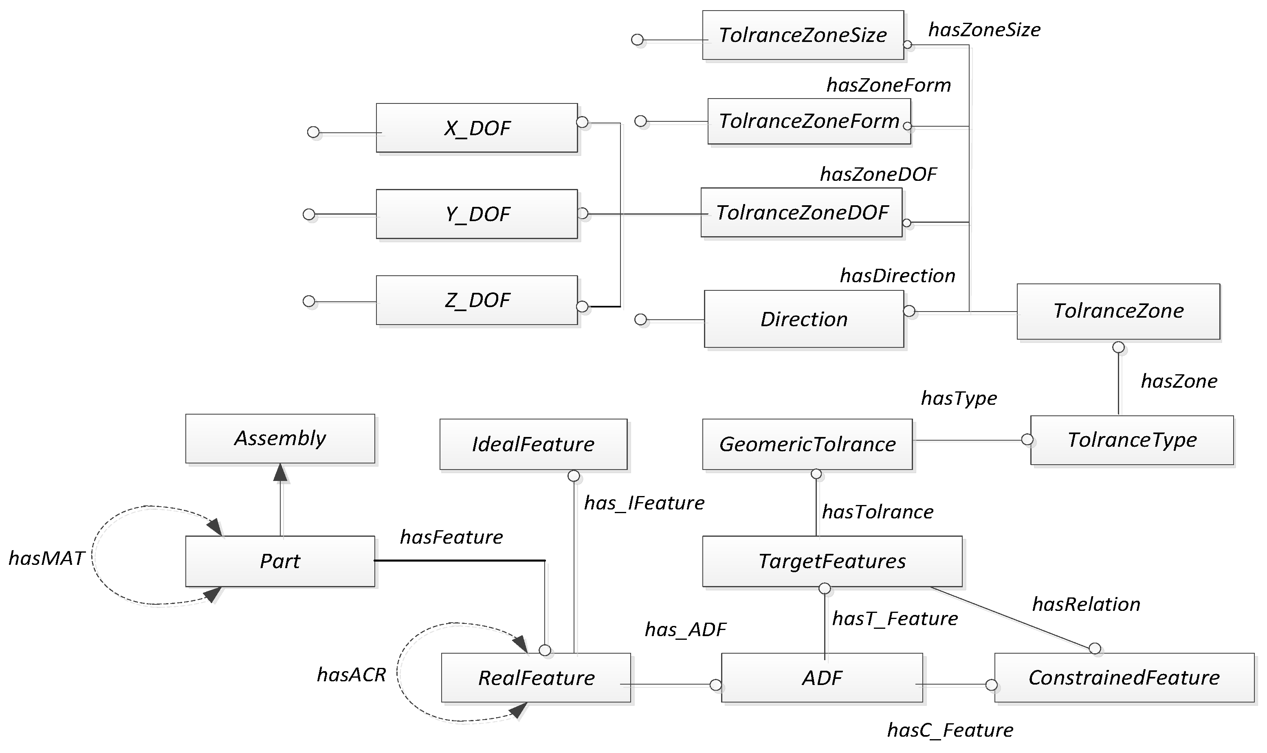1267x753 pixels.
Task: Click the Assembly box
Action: click(x=280, y=439)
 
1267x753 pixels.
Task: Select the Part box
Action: click(x=280, y=561)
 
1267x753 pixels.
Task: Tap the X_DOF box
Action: click(x=476, y=128)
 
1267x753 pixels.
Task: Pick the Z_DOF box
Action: click(x=476, y=300)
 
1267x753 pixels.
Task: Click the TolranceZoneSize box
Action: click(x=803, y=35)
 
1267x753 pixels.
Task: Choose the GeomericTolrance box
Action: click(x=807, y=444)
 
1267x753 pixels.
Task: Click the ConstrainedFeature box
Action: click(x=1124, y=677)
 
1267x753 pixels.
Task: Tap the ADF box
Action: click(x=822, y=677)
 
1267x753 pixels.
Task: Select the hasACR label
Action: click(x=351, y=674)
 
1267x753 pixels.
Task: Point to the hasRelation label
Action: click(x=1086, y=604)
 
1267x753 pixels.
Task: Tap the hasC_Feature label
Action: click(x=950, y=730)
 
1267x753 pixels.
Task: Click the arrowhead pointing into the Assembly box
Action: click(x=280, y=472)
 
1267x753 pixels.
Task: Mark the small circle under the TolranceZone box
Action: click(x=1118, y=347)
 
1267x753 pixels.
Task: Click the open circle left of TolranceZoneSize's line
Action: click(x=637, y=40)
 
